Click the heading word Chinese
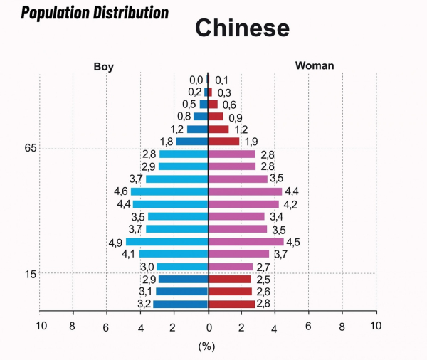pos(242,28)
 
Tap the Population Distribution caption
pos(95,13)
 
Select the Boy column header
pos(103,67)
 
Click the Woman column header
pos(315,66)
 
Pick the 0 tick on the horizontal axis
pos(209,326)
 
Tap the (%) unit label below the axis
pos(206,346)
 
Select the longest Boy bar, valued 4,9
pos(167,242)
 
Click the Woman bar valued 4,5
pos(246,242)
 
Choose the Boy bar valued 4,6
pos(169,191)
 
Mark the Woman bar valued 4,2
pos(243,204)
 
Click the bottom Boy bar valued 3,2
pos(181,305)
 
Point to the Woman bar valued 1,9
pos(224,142)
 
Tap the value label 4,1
pos(128,254)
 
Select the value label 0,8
pos(184,117)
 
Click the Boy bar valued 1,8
pos(192,142)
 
